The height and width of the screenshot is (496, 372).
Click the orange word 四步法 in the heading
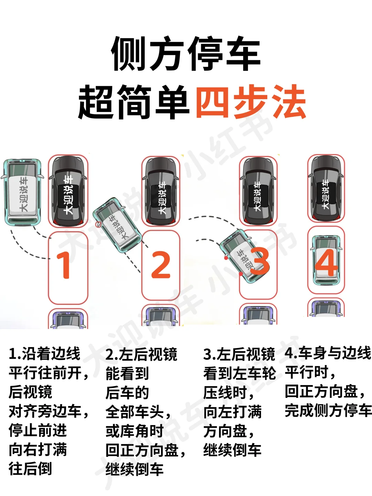(x=251, y=102)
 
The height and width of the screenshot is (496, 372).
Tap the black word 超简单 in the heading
(x=134, y=102)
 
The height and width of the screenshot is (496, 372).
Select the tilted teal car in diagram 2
(x=117, y=225)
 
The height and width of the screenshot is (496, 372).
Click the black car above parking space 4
(x=326, y=189)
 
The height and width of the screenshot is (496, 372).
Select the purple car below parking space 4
(x=326, y=308)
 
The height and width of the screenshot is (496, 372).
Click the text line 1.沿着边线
(x=44, y=354)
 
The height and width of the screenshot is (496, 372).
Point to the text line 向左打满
(x=232, y=412)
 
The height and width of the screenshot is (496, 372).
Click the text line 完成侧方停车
(x=328, y=410)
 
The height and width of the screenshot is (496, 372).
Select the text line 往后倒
(x=30, y=468)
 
